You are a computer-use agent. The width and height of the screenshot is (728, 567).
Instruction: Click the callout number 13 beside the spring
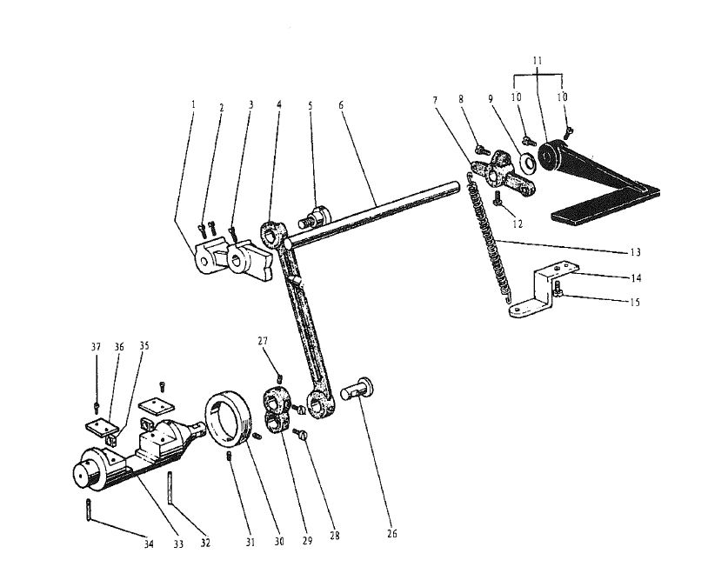pyautogui.click(x=635, y=252)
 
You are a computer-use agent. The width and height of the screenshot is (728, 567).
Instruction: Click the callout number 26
pyautogui.click(x=392, y=534)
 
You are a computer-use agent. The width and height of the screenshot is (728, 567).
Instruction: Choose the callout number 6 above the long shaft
pyautogui.click(x=341, y=105)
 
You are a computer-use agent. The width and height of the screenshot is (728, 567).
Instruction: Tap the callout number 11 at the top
pyautogui.click(x=538, y=61)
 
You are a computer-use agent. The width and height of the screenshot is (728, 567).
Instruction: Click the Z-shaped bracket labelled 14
pyautogui.click(x=544, y=291)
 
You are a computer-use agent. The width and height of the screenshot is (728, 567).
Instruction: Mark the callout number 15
pyautogui.click(x=635, y=303)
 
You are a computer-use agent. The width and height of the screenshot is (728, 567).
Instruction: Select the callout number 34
pyautogui.click(x=148, y=544)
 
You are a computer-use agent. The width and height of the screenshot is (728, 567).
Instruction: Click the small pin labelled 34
pyautogui.click(x=88, y=510)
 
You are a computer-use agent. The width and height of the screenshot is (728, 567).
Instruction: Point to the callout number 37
pyautogui.click(x=96, y=347)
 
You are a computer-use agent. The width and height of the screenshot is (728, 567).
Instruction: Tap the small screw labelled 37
pyautogui.click(x=96, y=407)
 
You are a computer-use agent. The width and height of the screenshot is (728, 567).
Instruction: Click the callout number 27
pyautogui.click(x=263, y=341)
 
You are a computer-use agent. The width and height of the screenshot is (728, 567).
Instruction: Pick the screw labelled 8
pyautogui.click(x=483, y=150)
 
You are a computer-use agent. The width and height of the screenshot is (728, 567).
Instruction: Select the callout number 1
pyautogui.click(x=193, y=104)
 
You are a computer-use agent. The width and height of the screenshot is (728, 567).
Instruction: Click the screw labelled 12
pyautogui.click(x=498, y=197)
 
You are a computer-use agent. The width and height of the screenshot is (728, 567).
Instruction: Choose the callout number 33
pyautogui.click(x=178, y=544)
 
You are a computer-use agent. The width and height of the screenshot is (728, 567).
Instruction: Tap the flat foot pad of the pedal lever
pyautogui.click(x=605, y=205)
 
